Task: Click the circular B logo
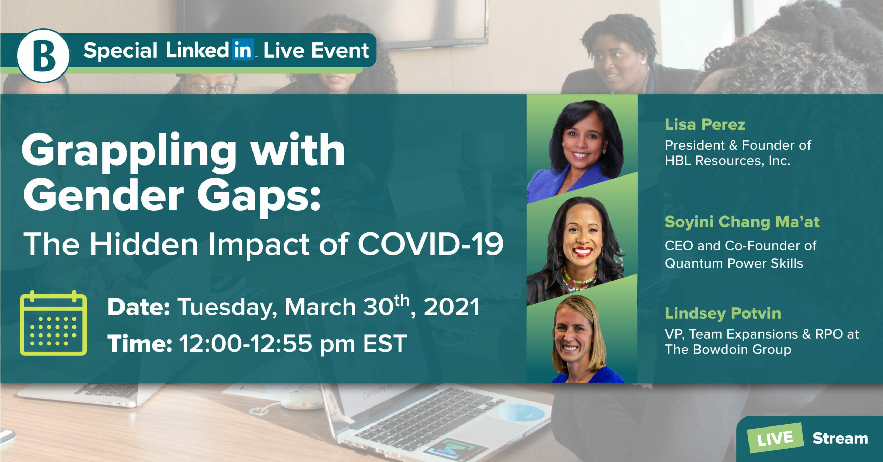point(43,56)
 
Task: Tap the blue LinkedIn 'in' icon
point(243,50)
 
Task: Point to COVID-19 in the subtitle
point(430,244)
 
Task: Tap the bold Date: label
point(138,307)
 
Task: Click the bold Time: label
point(140,343)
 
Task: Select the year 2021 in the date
point(451,307)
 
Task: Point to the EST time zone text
point(385,343)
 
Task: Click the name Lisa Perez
point(705,124)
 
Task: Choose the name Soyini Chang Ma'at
point(742,222)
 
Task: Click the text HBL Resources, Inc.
point(727,161)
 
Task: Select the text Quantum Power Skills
point(734,263)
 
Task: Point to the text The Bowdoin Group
point(728,349)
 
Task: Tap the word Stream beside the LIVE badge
point(840,439)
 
